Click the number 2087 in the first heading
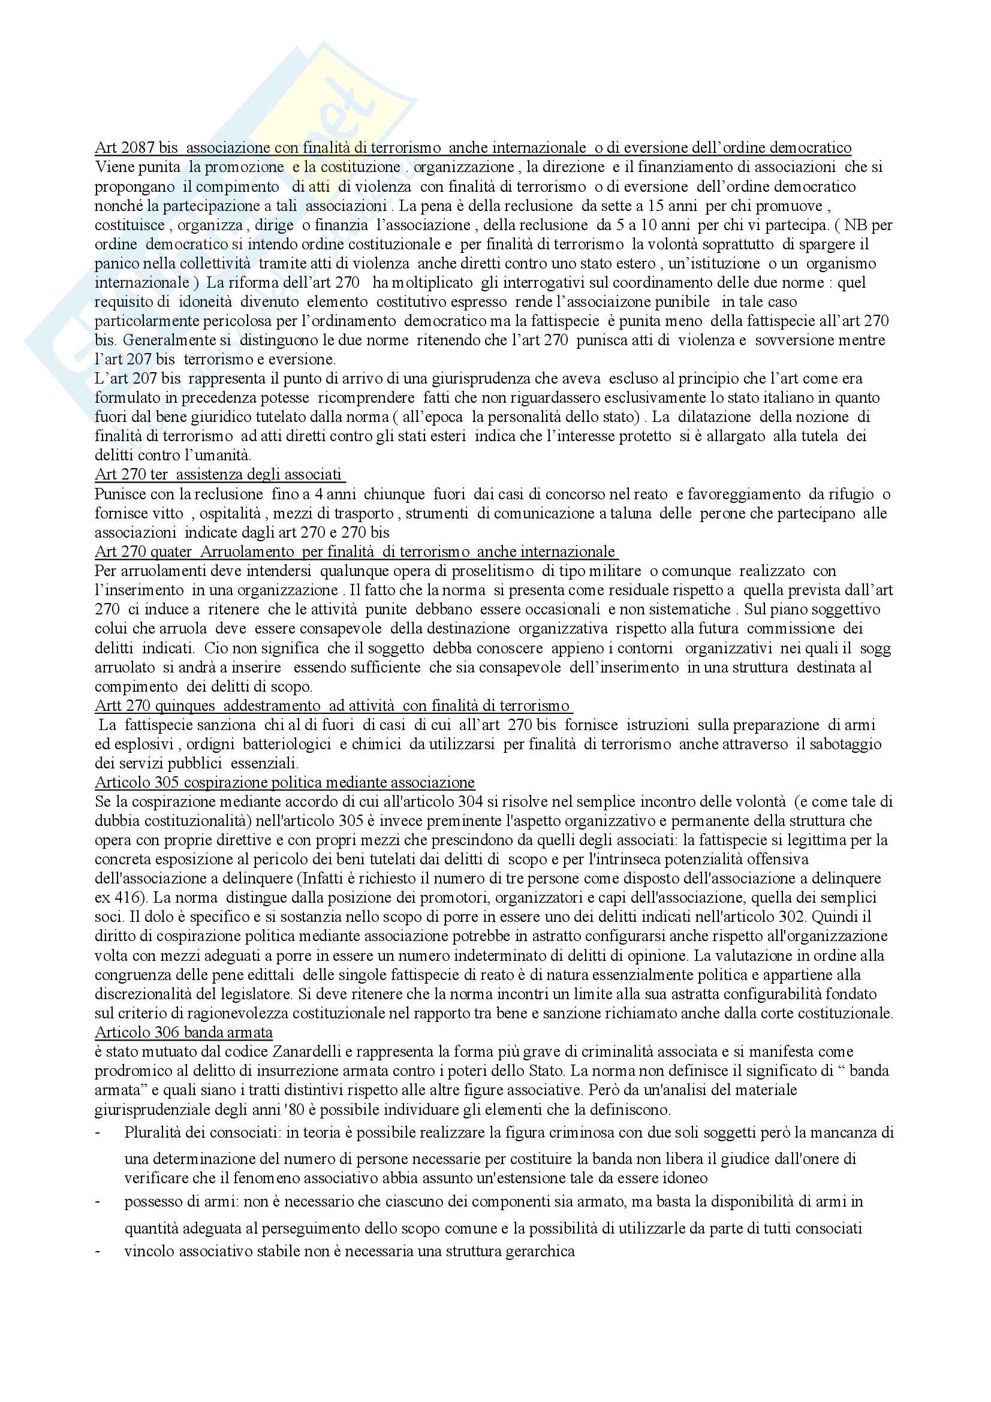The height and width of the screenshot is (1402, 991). (131, 148)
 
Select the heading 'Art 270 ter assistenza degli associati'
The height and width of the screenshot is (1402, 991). (219, 475)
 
